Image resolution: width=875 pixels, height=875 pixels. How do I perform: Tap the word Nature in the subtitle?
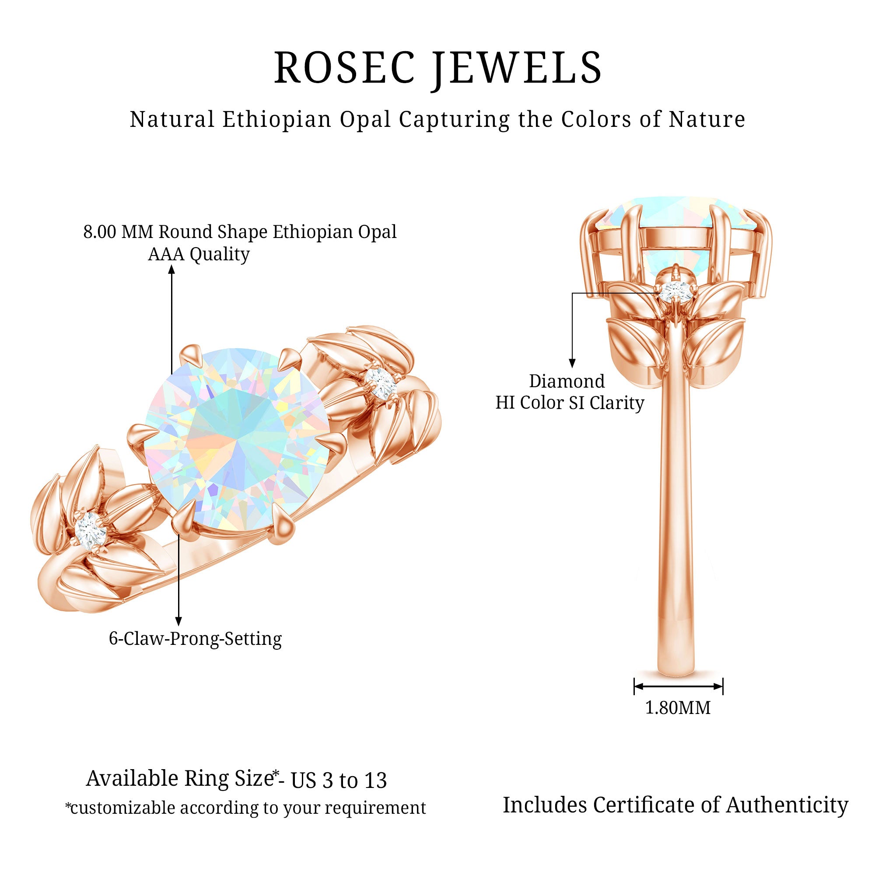click(707, 120)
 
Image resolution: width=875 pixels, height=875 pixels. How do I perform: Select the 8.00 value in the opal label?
click(100, 232)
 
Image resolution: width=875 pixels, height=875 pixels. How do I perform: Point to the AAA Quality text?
click(198, 254)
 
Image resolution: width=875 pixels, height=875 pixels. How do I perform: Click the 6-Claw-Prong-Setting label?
click(195, 639)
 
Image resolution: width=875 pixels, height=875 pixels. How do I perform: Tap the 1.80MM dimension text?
click(678, 707)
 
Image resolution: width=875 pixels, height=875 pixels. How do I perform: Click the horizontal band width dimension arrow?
click(678, 686)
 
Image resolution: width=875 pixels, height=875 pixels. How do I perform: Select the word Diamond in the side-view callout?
click(567, 381)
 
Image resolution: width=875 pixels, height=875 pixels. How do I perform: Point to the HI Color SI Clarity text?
click(569, 402)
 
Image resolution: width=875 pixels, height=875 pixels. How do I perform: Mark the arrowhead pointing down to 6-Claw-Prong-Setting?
click(179, 621)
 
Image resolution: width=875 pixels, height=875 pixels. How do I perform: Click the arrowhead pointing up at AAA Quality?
click(171, 270)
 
